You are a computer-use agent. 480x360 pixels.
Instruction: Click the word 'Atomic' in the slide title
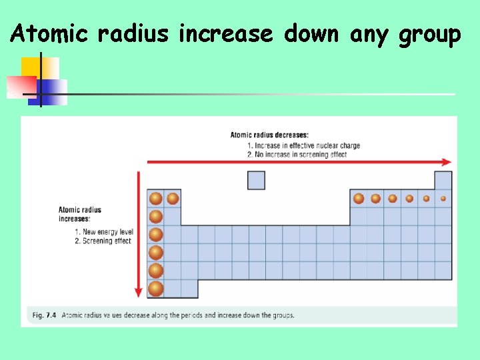click(x=49, y=33)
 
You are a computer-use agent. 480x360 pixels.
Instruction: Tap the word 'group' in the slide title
click(x=429, y=34)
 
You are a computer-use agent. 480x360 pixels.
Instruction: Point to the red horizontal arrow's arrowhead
click(x=447, y=161)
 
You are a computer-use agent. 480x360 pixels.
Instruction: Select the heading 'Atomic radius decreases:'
click(x=269, y=135)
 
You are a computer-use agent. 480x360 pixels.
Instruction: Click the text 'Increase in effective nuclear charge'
click(x=303, y=145)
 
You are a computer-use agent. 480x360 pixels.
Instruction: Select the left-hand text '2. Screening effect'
click(x=103, y=241)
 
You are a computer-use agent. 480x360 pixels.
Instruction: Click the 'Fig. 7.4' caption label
click(x=41, y=315)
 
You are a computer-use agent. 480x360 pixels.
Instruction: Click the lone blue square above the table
click(x=256, y=180)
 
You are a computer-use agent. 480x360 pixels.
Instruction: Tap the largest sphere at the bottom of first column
click(x=155, y=289)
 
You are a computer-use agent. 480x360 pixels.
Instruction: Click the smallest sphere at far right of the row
click(x=443, y=198)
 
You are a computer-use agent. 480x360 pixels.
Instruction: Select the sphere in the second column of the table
click(x=173, y=198)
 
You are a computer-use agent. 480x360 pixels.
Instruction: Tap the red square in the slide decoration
click(x=21, y=86)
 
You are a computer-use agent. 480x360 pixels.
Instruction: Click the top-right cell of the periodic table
click(x=443, y=180)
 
